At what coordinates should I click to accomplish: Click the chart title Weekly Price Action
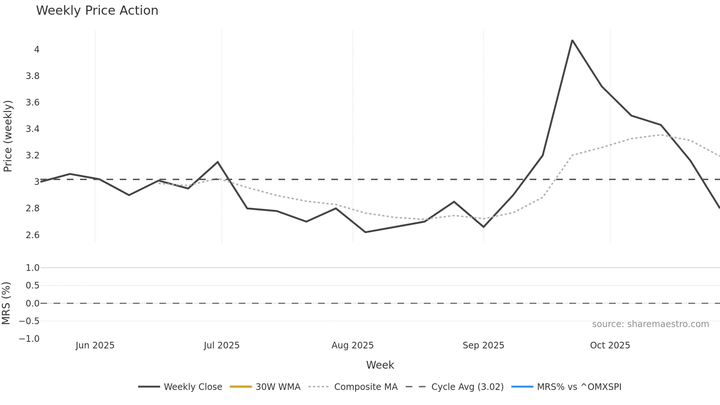(x=97, y=11)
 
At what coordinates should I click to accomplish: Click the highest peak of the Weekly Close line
(x=572, y=40)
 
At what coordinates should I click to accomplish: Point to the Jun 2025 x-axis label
(x=95, y=345)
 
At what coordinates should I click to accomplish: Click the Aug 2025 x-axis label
(x=353, y=345)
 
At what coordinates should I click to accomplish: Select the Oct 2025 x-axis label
(x=610, y=345)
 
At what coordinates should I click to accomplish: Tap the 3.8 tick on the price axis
(x=32, y=76)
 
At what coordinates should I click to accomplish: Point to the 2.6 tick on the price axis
(x=32, y=235)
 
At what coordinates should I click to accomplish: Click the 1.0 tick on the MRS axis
(x=32, y=268)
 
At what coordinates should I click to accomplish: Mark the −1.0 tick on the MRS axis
(x=29, y=339)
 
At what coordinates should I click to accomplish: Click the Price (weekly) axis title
(x=8, y=136)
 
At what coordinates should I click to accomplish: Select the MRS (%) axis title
(x=6, y=303)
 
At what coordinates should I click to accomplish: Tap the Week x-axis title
(x=380, y=365)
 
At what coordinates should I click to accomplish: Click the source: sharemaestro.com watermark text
(x=650, y=324)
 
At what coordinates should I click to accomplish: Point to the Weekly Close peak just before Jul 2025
(x=217, y=162)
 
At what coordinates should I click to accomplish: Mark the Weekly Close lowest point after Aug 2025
(x=365, y=232)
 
